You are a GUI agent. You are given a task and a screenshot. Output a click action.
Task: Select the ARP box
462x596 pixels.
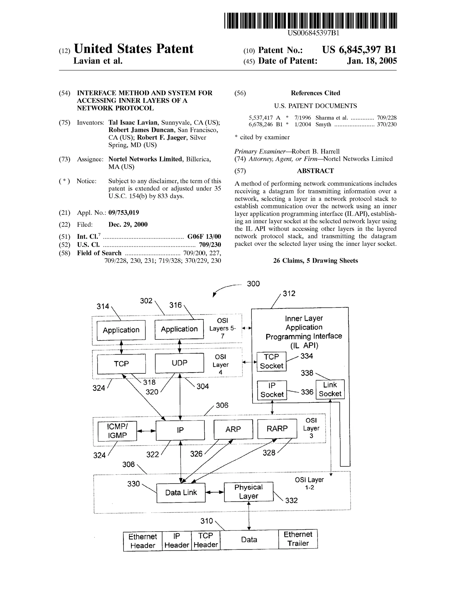coord(233,429)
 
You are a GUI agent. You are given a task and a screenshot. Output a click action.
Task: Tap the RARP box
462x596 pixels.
coord(277,429)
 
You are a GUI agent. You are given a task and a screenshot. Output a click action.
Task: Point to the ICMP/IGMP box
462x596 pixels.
coord(117,431)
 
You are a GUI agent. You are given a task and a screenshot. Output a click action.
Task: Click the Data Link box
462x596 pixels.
coord(181,493)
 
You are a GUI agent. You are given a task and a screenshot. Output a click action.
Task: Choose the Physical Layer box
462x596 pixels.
coord(248,491)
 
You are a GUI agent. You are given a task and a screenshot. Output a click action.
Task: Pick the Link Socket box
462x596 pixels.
coord(330,389)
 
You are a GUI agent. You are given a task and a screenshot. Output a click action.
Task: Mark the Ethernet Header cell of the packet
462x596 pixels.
coord(143,541)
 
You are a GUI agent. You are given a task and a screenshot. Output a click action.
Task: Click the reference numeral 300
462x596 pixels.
coord(253,284)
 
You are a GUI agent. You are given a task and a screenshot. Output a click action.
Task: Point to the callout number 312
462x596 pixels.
coord(289,294)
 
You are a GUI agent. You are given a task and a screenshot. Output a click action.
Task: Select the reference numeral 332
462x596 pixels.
coord(291,501)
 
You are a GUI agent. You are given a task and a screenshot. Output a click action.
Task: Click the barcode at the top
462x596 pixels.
coord(310,21)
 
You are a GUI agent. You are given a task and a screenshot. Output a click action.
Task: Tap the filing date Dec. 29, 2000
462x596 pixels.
coord(128,225)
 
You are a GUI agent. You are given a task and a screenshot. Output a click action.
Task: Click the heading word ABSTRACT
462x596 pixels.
coord(315,171)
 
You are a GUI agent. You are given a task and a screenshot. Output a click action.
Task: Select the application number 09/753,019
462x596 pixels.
coord(124,213)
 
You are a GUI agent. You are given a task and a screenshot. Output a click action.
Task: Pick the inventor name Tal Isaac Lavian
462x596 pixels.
coord(133,123)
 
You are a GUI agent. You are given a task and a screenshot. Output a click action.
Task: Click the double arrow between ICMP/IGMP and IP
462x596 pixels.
coord(146,431)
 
